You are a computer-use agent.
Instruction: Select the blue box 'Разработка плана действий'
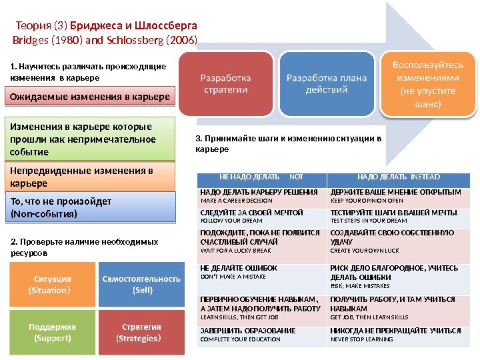(x=327, y=83)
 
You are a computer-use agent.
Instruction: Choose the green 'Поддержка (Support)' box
(x=50, y=332)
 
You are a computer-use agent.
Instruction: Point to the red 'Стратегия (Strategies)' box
(x=141, y=332)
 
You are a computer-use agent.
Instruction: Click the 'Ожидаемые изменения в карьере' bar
(x=91, y=98)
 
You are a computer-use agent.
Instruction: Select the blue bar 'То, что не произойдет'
(x=91, y=207)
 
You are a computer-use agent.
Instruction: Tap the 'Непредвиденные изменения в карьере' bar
(x=91, y=177)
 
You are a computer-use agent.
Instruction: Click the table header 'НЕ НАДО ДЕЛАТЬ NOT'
(x=261, y=177)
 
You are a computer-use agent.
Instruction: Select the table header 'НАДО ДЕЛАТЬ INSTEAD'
(x=398, y=177)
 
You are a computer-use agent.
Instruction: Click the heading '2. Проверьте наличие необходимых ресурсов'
(x=85, y=247)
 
